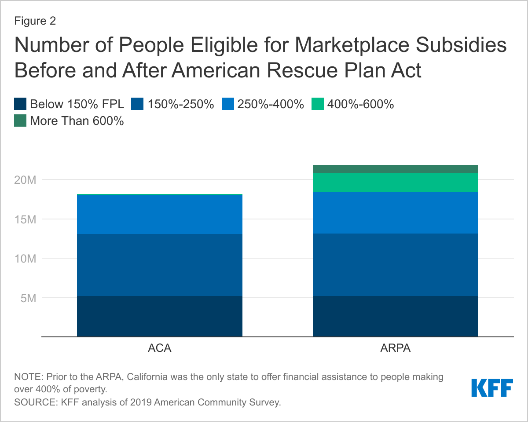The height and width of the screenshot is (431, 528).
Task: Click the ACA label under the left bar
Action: [x=159, y=349]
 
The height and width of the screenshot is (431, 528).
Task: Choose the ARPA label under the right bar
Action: [x=395, y=349]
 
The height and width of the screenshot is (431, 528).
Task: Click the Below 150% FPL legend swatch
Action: [x=20, y=104]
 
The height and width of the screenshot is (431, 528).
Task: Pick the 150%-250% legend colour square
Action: [x=139, y=104]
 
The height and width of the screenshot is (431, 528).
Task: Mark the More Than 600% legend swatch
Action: [x=20, y=121]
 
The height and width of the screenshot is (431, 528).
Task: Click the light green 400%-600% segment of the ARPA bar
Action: [x=395, y=183]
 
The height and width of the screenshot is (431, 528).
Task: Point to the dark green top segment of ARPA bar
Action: [x=395, y=169]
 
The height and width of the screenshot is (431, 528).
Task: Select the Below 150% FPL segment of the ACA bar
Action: [x=159, y=316]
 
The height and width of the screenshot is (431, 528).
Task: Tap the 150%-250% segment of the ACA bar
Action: [x=159, y=265]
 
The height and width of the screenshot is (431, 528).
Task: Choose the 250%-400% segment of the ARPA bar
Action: [x=395, y=213]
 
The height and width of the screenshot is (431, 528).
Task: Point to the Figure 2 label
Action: [x=35, y=21]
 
